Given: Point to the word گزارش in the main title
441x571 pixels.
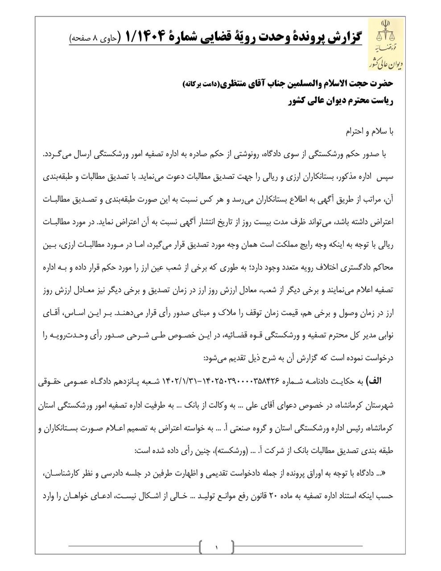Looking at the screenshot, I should click(343, 37).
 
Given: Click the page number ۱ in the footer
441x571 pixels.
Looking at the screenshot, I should click(216, 546).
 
